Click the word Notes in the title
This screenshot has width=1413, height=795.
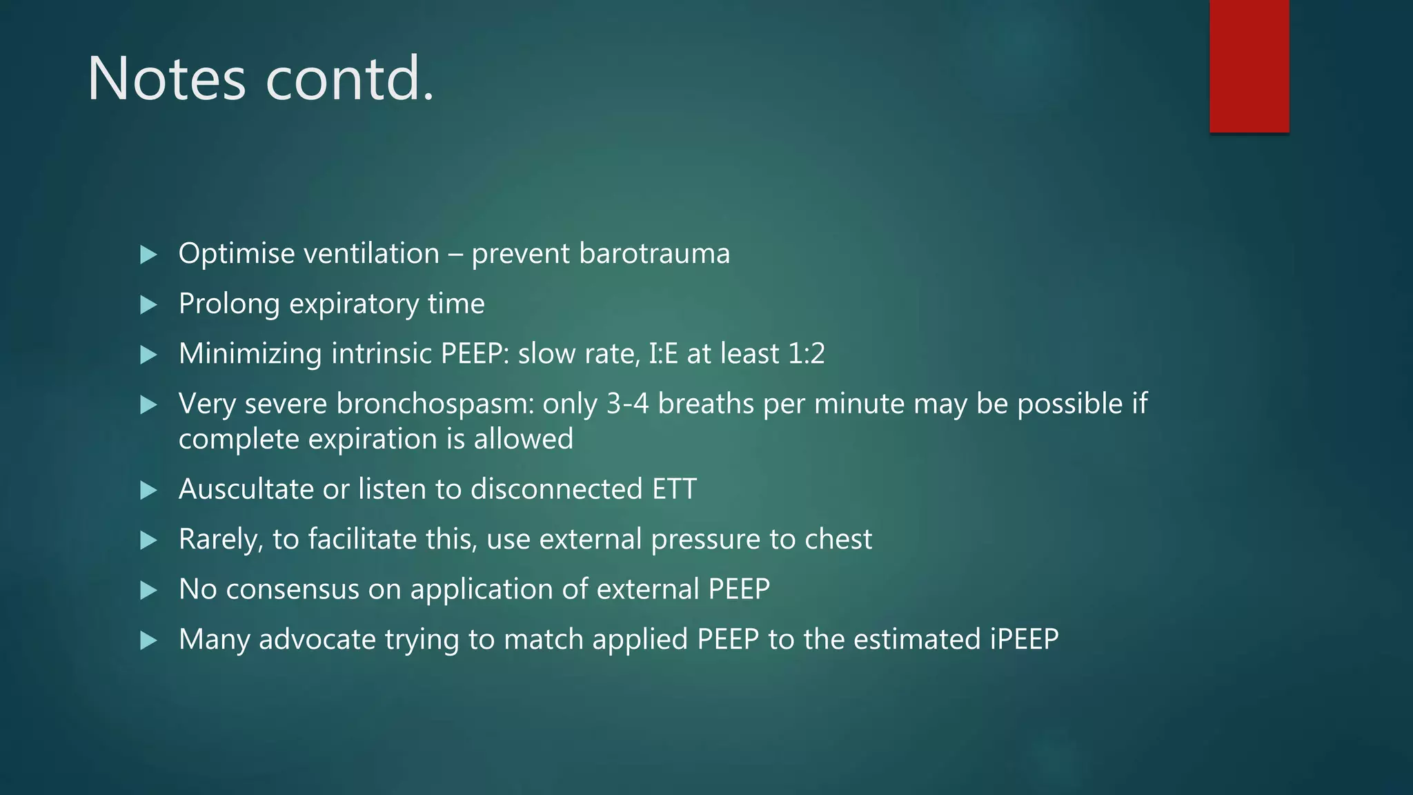(166, 79)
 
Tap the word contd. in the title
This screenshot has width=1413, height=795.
(350, 79)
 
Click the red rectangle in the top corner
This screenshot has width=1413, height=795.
(1249, 66)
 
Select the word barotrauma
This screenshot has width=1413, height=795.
(654, 253)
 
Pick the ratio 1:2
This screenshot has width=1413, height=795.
(807, 354)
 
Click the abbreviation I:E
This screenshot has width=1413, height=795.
(663, 354)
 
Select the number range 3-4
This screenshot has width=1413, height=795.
(627, 404)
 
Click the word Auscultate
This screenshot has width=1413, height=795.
(246, 489)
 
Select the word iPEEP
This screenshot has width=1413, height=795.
(1024, 640)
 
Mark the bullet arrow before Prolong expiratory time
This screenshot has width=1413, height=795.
(148, 304)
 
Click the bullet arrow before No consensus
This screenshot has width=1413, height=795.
(148, 590)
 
